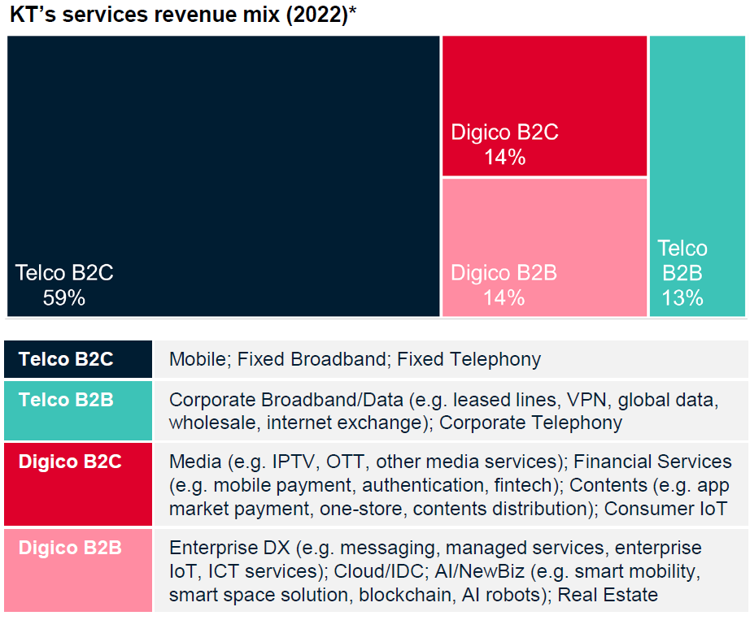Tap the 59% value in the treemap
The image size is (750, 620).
tap(64, 298)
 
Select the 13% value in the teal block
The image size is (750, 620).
tap(682, 298)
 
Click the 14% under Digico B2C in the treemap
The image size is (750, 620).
tap(504, 157)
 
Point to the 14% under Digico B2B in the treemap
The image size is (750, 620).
tap(504, 298)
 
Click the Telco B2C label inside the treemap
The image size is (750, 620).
tap(64, 273)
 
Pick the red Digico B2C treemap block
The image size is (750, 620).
tap(545, 89)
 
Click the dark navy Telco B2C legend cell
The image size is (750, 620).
tap(78, 359)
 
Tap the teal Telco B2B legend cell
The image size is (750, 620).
tap(78, 410)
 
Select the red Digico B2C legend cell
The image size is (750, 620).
tap(78, 483)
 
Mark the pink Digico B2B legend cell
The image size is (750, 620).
tap(78, 570)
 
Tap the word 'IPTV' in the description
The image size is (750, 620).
tap(290, 462)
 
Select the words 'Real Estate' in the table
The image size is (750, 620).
tap(608, 594)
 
